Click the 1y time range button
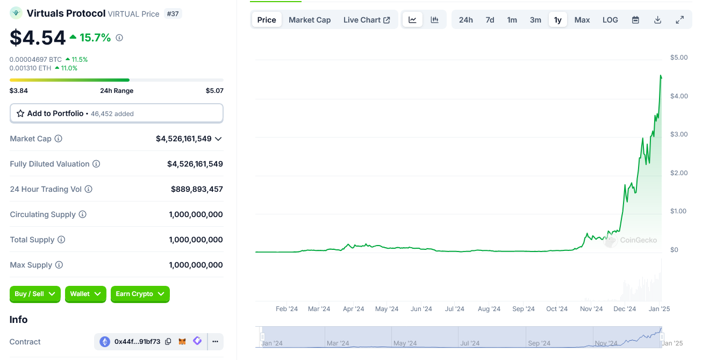click(x=557, y=20)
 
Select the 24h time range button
click(x=465, y=20)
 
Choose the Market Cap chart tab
click(x=310, y=20)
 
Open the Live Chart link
click(x=367, y=20)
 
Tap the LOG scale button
click(x=610, y=20)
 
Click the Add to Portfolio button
click(x=116, y=113)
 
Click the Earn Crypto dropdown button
click(x=140, y=294)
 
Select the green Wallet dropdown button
click(x=85, y=294)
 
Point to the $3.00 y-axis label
click(x=678, y=134)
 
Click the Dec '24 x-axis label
click(x=625, y=309)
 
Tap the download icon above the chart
click(x=657, y=20)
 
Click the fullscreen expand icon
click(x=679, y=20)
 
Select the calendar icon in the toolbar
click(x=635, y=20)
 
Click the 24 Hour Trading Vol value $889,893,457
click(x=197, y=189)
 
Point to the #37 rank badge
click(x=173, y=13)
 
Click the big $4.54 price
click(x=38, y=38)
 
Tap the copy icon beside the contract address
click(x=168, y=342)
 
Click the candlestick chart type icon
click(x=434, y=20)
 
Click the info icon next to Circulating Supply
click(x=82, y=214)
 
